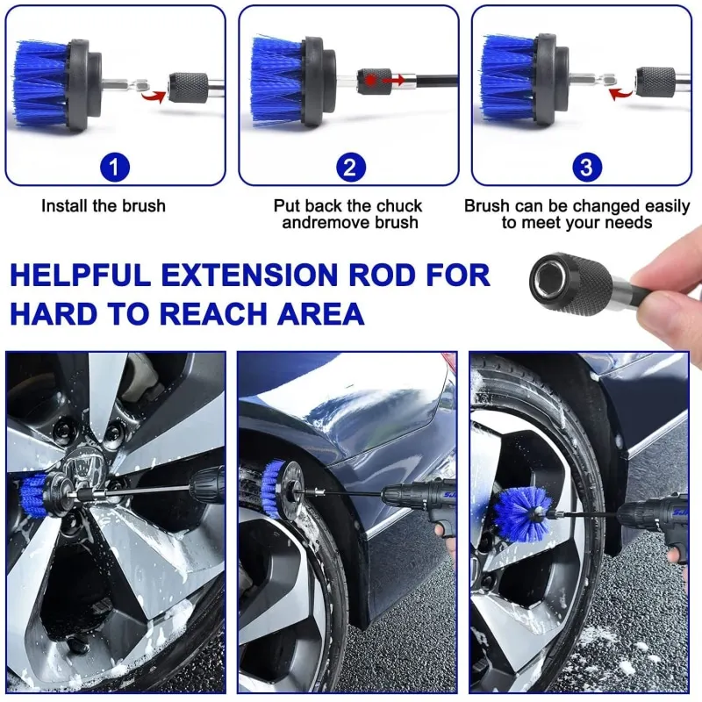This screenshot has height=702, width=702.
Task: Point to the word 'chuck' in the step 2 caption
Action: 399,206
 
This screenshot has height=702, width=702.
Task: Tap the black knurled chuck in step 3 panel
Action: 655,82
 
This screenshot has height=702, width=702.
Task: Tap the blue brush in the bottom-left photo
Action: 35,496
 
